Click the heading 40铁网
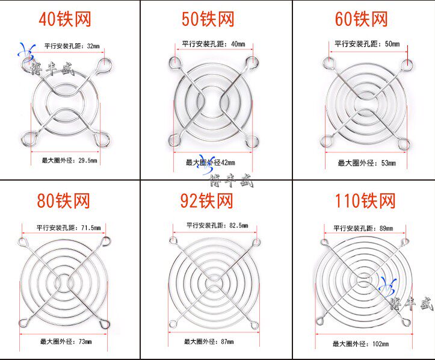point(64,19)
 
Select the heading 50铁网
point(208,19)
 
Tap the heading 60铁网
point(361,19)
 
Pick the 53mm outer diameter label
point(365,163)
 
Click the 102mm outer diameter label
point(360,344)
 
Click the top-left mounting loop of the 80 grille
point(23,243)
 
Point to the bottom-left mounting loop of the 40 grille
point(26,140)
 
